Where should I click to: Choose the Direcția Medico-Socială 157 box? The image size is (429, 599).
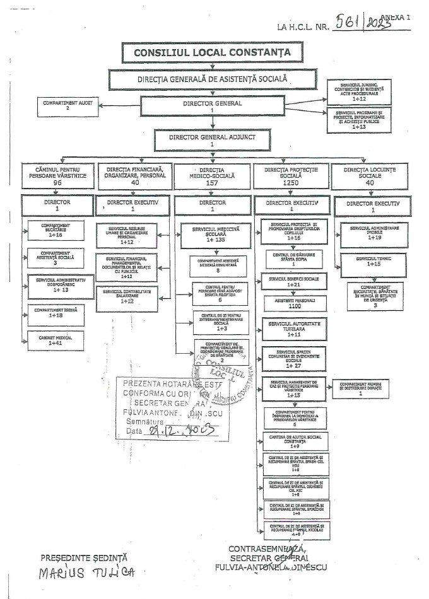coord(212,177)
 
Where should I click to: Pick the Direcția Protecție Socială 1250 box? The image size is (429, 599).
coord(291,177)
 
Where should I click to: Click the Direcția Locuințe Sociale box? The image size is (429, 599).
coord(370,177)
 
